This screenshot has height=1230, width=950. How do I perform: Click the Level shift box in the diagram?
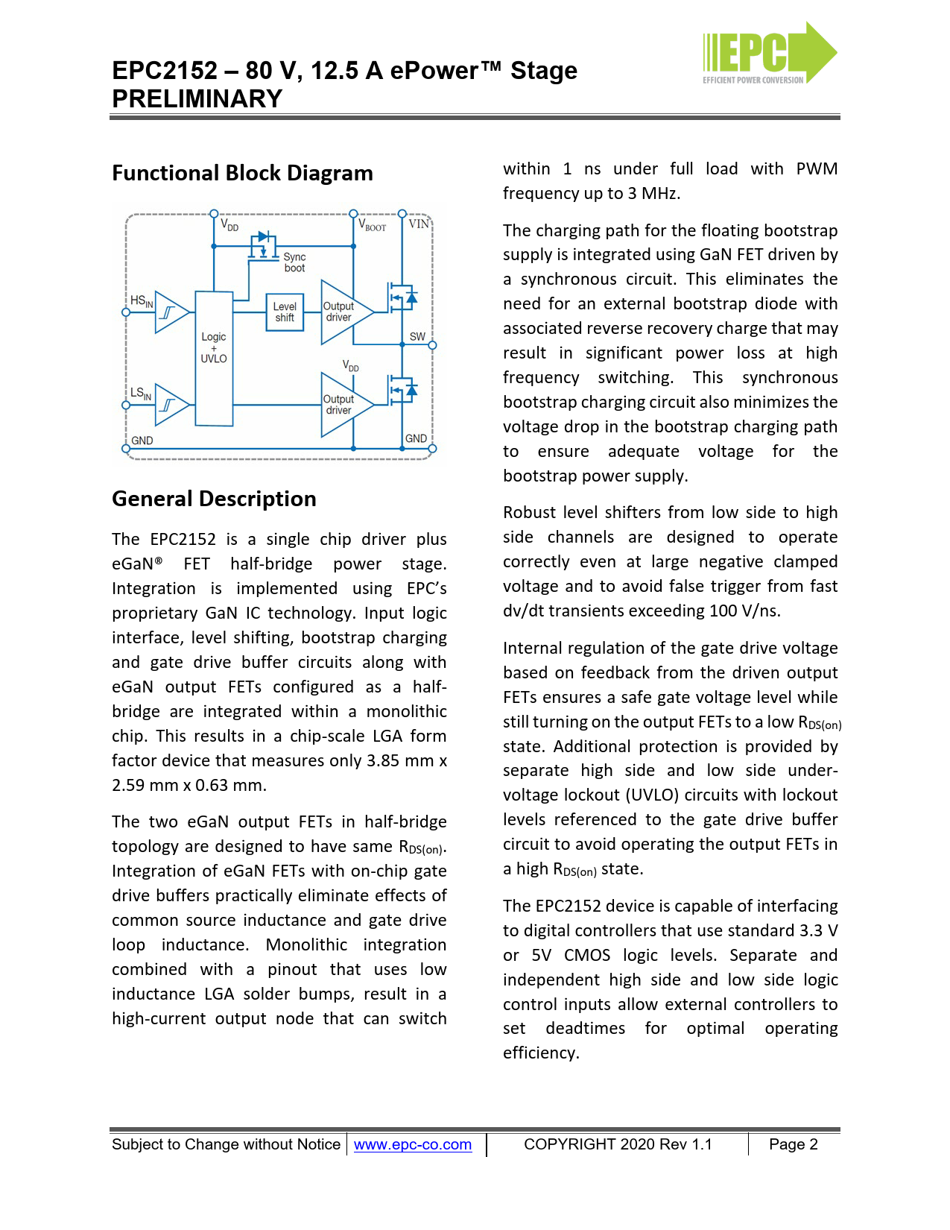285,312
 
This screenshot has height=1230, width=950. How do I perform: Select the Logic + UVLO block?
214,358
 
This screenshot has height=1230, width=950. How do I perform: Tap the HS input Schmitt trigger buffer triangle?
170,312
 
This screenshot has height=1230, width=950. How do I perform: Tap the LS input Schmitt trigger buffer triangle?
170,406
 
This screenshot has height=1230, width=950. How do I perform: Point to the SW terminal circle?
433,345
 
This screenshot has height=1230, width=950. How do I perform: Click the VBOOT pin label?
372,225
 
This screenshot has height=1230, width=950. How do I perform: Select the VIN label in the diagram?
419,224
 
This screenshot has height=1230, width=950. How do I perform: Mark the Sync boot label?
294,262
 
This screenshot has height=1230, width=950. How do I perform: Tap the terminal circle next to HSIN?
126,312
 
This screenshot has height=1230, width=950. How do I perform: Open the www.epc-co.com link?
412,1144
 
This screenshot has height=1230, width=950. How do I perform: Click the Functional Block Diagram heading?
242,173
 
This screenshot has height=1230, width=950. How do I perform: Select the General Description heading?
214,499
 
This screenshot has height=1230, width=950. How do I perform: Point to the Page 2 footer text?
793,1144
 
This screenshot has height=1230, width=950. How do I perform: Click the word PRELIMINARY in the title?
197,98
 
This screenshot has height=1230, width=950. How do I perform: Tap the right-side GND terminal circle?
433,449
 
